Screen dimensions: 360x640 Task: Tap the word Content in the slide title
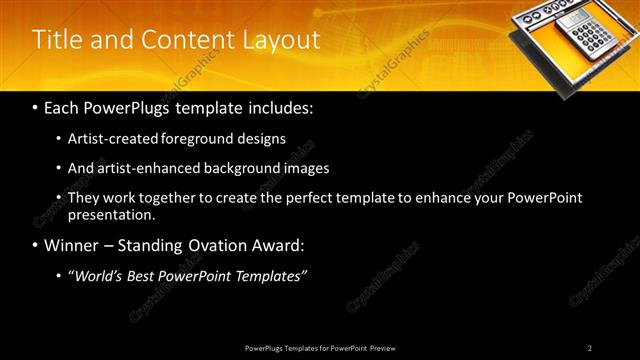click(187, 40)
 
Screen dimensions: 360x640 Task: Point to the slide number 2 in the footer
click(589, 347)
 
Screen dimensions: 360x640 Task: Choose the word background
click(239, 168)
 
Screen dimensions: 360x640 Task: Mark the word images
click(305, 168)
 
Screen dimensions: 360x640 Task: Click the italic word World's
click(98, 275)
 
